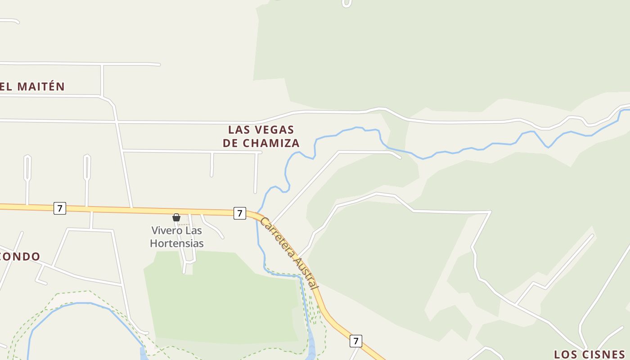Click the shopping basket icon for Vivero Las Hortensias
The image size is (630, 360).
tap(176, 217)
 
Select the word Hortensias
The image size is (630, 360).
tap(177, 243)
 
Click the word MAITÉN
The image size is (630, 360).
tap(41, 86)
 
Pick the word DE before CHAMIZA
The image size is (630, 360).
tap(230, 143)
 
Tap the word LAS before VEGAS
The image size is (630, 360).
tap(238, 130)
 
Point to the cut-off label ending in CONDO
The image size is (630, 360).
tap(20, 256)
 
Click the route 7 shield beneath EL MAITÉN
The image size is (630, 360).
tap(60, 208)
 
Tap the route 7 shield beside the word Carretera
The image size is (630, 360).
tap(240, 213)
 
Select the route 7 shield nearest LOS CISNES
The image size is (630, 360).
tap(356, 341)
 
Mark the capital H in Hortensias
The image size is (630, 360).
tap(153, 243)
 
